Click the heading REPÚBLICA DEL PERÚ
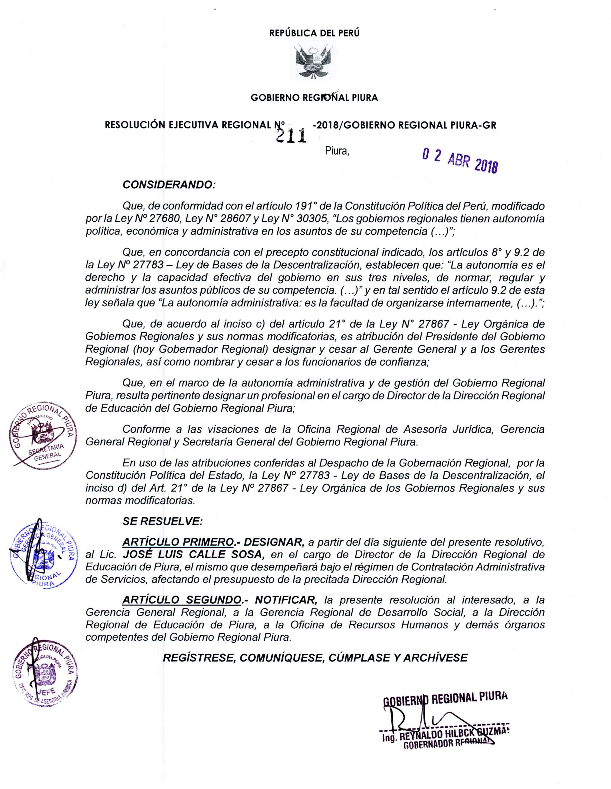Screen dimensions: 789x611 click(x=314, y=33)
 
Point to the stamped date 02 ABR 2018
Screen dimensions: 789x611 click(x=459, y=161)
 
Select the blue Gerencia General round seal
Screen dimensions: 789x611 click(x=41, y=554)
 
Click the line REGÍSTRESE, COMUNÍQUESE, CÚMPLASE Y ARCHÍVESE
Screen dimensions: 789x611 click(x=315, y=657)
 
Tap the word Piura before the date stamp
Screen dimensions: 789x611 click(x=337, y=151)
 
